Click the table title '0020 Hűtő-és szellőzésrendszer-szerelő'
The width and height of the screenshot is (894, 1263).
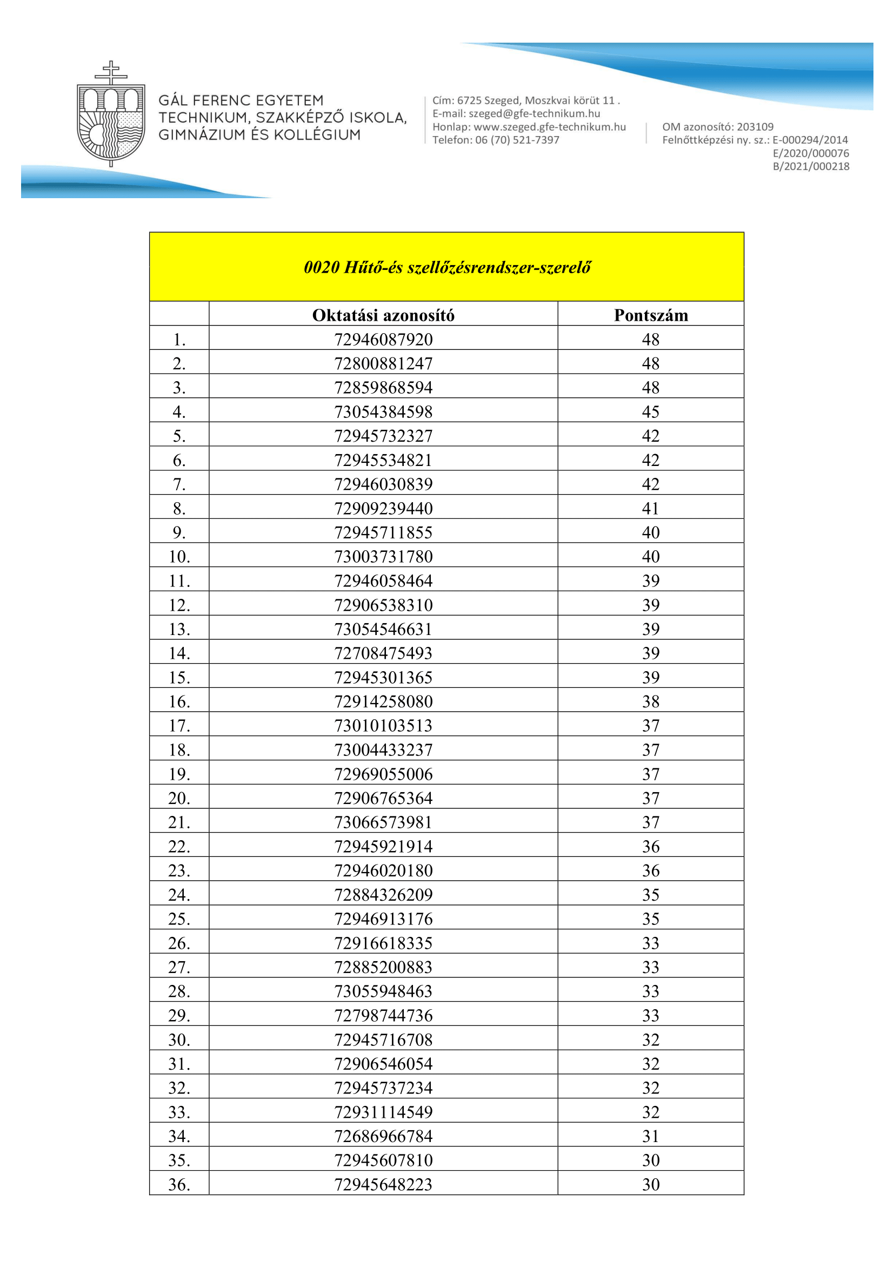tap(446, 267)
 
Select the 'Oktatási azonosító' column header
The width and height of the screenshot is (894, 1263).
tap(383, 315)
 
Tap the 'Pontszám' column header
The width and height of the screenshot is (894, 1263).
tap(651, 315)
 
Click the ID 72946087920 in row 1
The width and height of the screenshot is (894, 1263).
tap(383, 340)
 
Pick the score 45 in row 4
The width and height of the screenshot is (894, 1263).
tap(651, 411)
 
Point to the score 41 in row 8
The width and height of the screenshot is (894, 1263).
tap(651, 508)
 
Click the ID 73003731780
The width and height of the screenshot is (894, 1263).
tap(383, 557)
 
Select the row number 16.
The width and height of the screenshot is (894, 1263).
tap(179, 701)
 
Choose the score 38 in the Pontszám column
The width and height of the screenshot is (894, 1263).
tap(651, 701)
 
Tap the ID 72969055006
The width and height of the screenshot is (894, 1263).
tap(383, 774)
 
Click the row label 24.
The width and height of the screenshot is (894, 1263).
tap(179, 894)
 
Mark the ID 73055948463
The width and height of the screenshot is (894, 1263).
tap(383, 991)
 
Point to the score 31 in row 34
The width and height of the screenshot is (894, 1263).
tap(651, 1136)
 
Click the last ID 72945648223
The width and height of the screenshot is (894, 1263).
tap(383, 1184)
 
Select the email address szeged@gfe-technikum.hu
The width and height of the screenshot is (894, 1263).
tap(534, 114)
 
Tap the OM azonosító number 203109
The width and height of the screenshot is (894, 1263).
tap(755, 127)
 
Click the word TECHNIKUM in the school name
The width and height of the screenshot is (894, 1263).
tap(203, 118)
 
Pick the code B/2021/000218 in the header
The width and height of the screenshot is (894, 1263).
tap(811, 167)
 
